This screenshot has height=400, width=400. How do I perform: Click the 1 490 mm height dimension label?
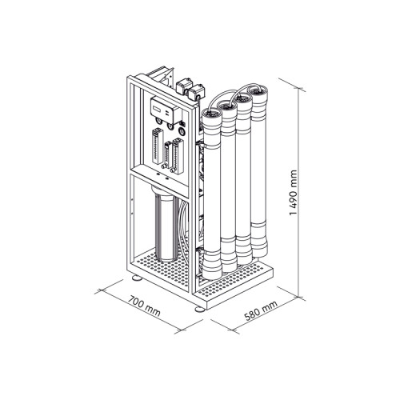[293, 193]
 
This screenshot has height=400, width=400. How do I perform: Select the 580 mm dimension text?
[261, 311]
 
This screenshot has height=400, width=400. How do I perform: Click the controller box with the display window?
[166, 110]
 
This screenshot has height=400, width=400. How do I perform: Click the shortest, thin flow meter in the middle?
[166, 155]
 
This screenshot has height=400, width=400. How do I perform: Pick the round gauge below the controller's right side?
[182, 132]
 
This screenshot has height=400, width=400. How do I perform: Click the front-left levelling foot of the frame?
[138, 278]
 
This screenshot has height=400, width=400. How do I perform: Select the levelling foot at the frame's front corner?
[200, 310]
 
